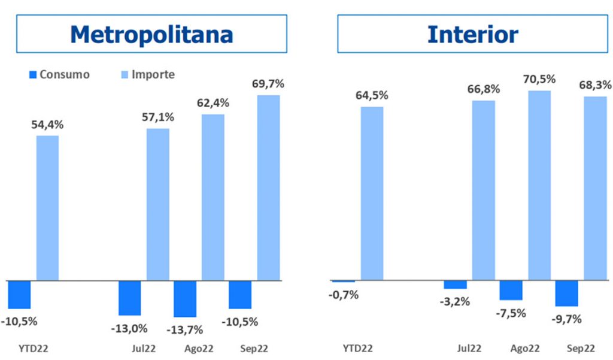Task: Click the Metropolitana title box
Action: point(151,34)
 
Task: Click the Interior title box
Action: point(472,34)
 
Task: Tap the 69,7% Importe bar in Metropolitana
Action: point(268,187)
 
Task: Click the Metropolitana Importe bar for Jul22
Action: point(158,204)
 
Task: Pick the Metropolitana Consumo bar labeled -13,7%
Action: point(184,298)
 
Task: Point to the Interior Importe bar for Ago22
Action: point(539,184)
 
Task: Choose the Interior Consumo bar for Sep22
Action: point(566,293)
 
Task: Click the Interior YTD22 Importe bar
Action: point(372,193)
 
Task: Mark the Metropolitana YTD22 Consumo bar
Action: point(19,294)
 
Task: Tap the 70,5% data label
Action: point(539,79)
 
